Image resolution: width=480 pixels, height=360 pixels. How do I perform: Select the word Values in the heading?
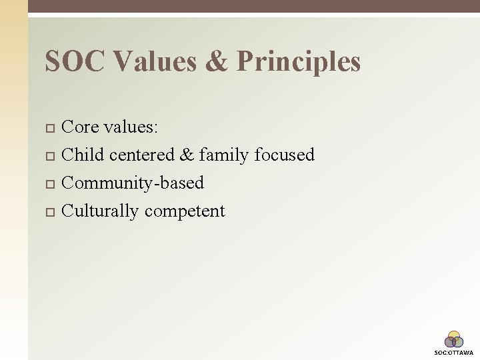tap(155, 62)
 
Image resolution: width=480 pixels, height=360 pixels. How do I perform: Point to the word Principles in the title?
tap(299, 62)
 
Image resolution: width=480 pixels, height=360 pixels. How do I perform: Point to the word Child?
tap(83, 155)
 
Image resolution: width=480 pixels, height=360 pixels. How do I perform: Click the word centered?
tap(141, 155)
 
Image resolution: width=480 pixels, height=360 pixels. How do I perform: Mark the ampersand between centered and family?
tap(186, 155)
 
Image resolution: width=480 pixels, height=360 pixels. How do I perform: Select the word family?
tap(224, 155)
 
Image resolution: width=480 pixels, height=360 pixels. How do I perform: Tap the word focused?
tap(285, 155)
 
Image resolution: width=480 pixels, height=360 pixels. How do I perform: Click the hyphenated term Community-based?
tap(132, 183)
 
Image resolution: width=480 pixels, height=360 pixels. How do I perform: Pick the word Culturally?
tap(100, 211)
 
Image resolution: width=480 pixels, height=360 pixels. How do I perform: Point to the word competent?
tap(185, 211)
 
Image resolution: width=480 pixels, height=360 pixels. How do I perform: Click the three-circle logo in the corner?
tap(454, 339)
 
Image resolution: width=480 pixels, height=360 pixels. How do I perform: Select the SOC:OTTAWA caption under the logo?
tap(454, 352)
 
